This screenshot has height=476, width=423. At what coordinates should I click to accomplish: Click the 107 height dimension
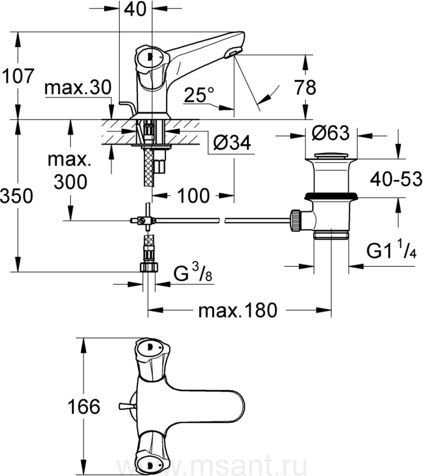pos(17,76)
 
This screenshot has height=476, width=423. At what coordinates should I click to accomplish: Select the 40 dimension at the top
pos(135,9)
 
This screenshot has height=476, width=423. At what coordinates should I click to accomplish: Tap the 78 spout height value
pos(305,87)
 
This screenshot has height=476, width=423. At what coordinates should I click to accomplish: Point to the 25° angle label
pos(199,95)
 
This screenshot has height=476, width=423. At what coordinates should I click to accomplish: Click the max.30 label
pos(78,88)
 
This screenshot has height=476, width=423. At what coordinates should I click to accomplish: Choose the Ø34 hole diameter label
pos(232,142)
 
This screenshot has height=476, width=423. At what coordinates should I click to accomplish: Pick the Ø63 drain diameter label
pos(331,133)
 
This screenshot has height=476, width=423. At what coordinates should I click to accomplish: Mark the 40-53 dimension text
pos(396,179)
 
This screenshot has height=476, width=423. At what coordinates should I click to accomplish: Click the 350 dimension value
pos(16,196)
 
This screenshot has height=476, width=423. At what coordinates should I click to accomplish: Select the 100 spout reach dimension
pos(194,196)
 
